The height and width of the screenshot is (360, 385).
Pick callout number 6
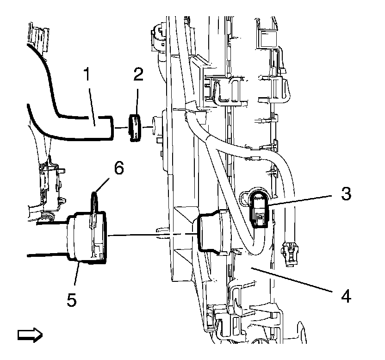[x=119, y=169]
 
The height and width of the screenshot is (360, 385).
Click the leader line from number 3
[x=301, y=199]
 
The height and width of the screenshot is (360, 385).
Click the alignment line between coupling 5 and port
[x=153, y=236]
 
